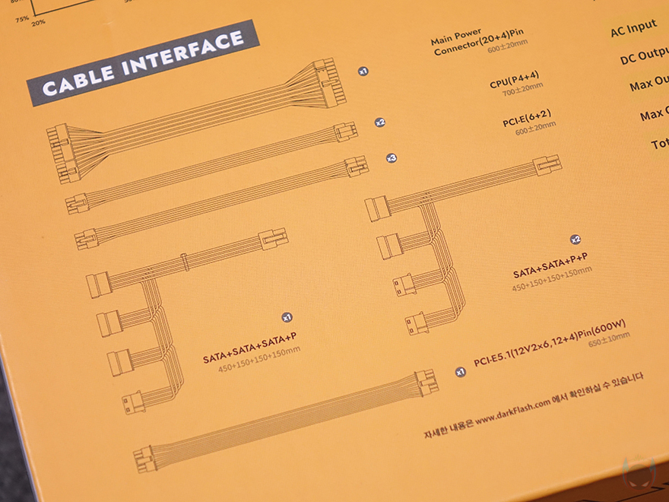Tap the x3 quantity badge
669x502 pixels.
pyautogui.click(x=391, y=158)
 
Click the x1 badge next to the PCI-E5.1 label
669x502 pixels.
pyautogui.click(x=459, y=372)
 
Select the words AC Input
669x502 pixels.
pyautogui.click(x=633, y=29)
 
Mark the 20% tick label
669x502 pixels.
pyautogui.click(x=38, y=22)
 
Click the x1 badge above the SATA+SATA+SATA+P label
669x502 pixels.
pyautogui.click(x=287, y=316)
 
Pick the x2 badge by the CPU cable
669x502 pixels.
pyautogui.click(x=379, y=122)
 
